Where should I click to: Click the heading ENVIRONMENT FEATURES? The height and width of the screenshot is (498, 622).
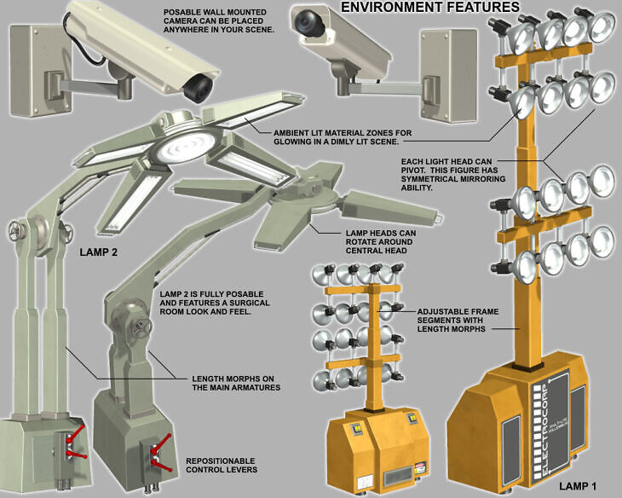pos(429,8)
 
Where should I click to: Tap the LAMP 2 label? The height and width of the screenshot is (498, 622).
pos(100,252)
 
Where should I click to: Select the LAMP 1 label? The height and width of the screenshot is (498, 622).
pos(576,486)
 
